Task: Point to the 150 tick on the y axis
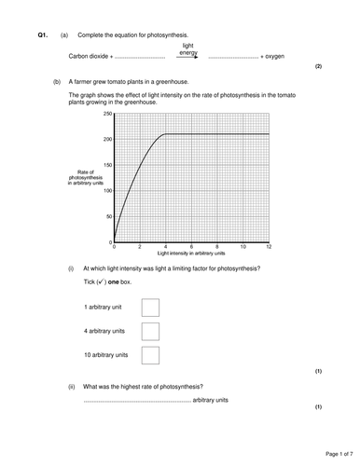tap(108, 165)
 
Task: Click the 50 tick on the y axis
tap(109, 217)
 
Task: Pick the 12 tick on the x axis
tap(269, 248)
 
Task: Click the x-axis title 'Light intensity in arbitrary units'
tap(191, 254)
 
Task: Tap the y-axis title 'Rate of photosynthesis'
tap(89, 178)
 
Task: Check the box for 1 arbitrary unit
tap(149, 307)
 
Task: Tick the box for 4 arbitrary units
tap(149, 331)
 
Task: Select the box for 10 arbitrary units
tap(149, 355)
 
